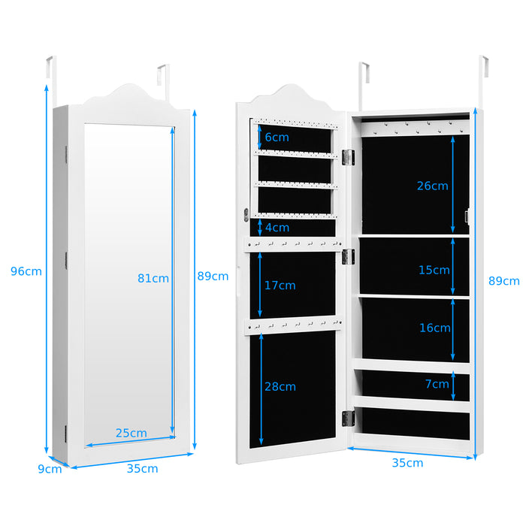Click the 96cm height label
click(26, 271)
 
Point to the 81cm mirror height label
click(153, 278)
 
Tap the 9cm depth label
click(50, 469)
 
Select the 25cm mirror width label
click(131, 433)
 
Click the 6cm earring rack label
click(277, 137)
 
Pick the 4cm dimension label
click(277, 227)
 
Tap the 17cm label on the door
click(280, 286)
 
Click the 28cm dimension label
click(280, 386)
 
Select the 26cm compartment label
click(433, 186)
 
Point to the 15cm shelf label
click(434, 270)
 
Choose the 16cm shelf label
click(435, 328)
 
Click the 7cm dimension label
click(437, 384)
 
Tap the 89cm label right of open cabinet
click(503, 281)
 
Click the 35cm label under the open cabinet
click(407, 463)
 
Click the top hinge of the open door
click(347, 156)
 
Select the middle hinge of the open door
click(347, 256)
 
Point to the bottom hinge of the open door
click(347, 418)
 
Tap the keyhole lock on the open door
click(246, 215)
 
